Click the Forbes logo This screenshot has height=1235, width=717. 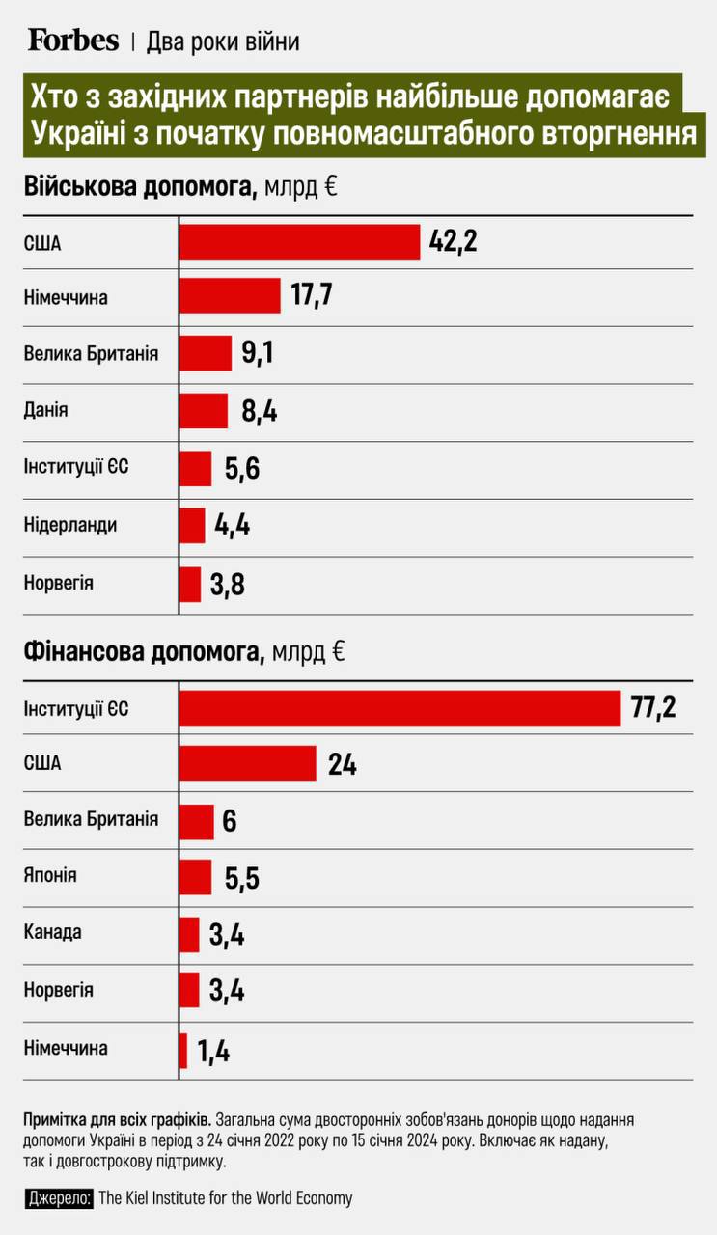[x=73, y=40]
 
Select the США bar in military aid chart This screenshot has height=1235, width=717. [x=300, y=241]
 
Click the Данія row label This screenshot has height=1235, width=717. [x=45, y=409]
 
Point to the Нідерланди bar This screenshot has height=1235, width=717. [x=193, y=526]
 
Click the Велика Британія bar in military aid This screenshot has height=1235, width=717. [x=206, y=353]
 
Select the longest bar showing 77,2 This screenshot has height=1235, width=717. [x=400, y=707]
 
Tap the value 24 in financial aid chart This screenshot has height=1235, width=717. [x=342, y=764]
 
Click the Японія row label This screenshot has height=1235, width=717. [x=50, y=876]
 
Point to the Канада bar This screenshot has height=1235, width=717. [x=190, y=934]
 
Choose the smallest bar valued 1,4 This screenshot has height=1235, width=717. [x=183, y=1050]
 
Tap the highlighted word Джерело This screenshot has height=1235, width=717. [x=60, y=1198]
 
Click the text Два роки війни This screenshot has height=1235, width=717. [x=223, y=41]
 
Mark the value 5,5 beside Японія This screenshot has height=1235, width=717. [x=241, y=878]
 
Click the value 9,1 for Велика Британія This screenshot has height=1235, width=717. [x=258, y=354]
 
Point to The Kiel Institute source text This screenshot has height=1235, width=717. [x=226, y=1198]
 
